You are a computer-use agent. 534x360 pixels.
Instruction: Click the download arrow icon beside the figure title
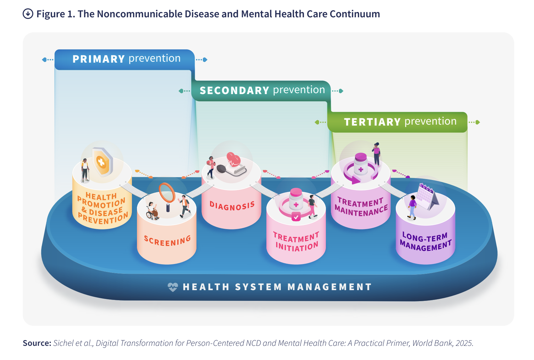28,14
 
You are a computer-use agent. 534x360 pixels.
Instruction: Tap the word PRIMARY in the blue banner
99,59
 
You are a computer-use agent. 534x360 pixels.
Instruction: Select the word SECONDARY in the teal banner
235,91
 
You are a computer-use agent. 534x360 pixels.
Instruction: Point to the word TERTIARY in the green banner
372,122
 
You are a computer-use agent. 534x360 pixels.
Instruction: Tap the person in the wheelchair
152,211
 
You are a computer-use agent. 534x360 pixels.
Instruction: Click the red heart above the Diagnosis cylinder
233,159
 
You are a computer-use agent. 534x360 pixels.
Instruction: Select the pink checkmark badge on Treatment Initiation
296,217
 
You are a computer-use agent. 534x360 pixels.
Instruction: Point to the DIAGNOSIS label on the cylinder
232,206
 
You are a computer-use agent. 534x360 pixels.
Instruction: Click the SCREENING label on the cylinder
168,241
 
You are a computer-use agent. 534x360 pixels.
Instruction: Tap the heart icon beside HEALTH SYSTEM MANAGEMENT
173,287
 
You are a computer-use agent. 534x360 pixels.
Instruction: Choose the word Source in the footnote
37,343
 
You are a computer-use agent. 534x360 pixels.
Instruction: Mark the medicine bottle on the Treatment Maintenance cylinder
361,164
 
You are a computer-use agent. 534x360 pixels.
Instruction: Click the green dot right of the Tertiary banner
478,122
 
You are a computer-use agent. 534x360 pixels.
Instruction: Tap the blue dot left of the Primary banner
44,59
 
